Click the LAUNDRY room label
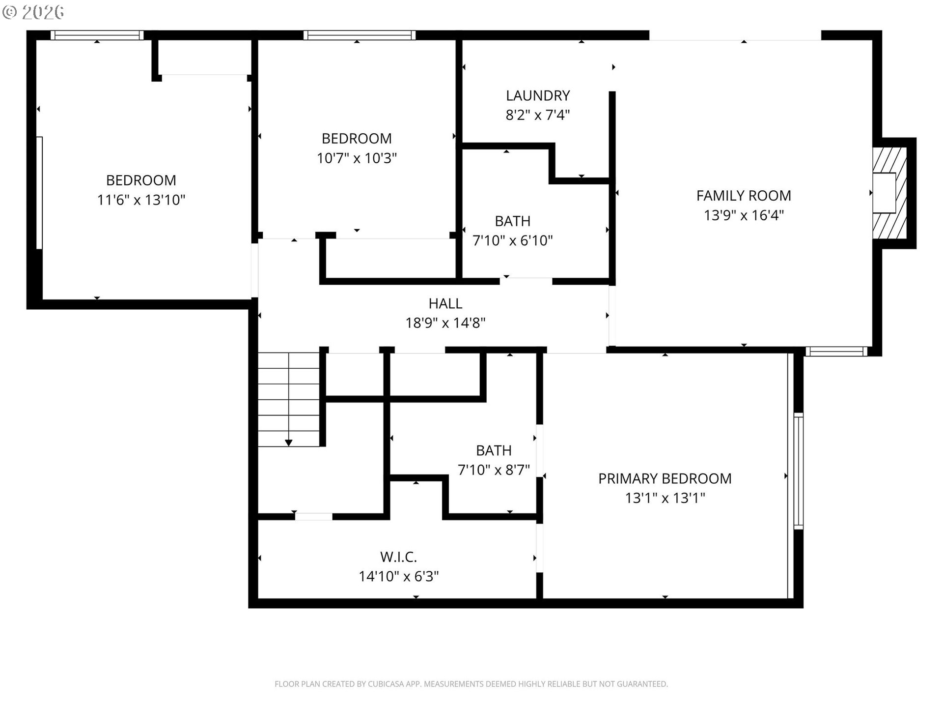click(x=538, y=95)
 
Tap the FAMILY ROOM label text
click(x=744, y=196)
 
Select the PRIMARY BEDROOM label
click(x=665, y=478)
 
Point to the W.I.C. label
click(x=398, y=557)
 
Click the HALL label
click(x=445, y=303)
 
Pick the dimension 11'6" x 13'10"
click(x=141, y=200)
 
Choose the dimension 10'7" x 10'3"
click(x=357, y=158)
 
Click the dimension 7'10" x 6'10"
click(x=512, y=241)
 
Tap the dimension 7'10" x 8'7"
click(x=494, y=470)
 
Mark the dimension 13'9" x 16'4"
click(x=744, y=215)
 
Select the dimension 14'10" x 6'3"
click(x=398, y=576)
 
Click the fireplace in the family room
click(x=889, y=193)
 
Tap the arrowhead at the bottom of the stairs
click(x=289, y=443)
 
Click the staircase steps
click(x=289, y=400)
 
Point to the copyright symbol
click(x=9, y=12)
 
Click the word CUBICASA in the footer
click(x=387, y=684)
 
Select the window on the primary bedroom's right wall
click(x=799, y=472)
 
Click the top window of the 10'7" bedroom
click(x=360, y=35)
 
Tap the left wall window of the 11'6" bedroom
click(x=39, y=193)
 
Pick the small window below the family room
click(x=836, y=352)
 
